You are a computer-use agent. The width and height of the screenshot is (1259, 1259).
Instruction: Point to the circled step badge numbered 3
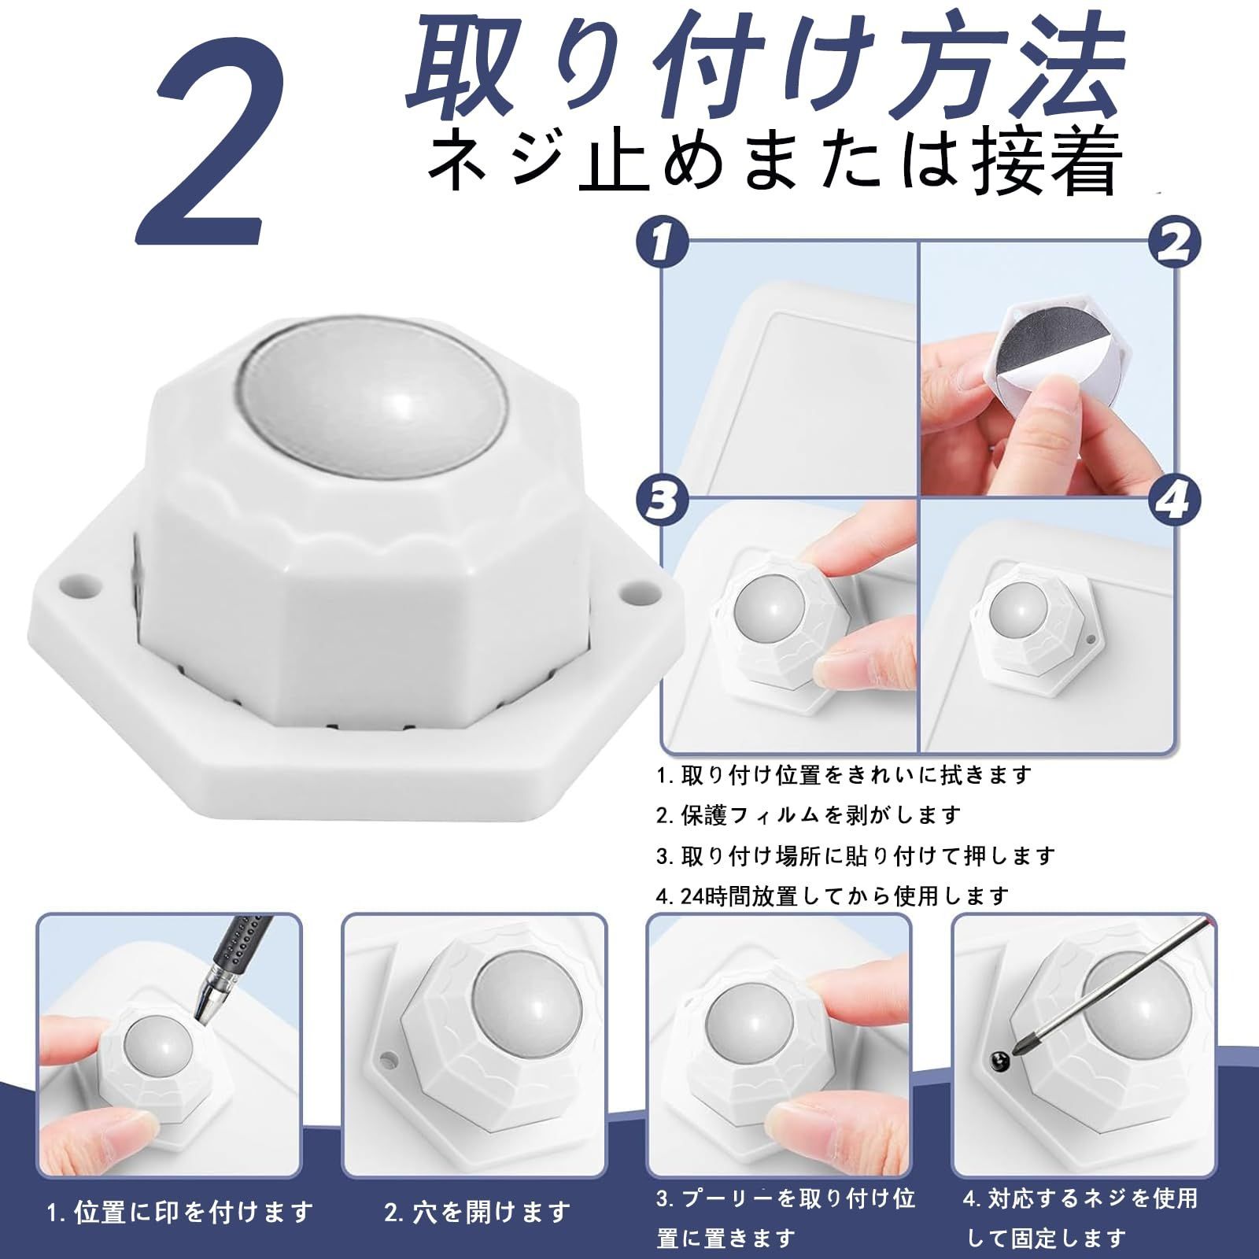(x=662, y=499)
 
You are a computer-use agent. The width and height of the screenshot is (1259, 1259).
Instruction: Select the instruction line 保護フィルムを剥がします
(x=808, y=814)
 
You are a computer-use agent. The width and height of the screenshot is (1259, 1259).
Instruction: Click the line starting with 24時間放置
(x=833, y=895)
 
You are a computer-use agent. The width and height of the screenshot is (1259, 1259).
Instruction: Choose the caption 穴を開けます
(x=478, y=1213)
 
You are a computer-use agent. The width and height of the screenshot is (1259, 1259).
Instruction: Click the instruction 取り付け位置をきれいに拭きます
(x=844, y=775)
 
